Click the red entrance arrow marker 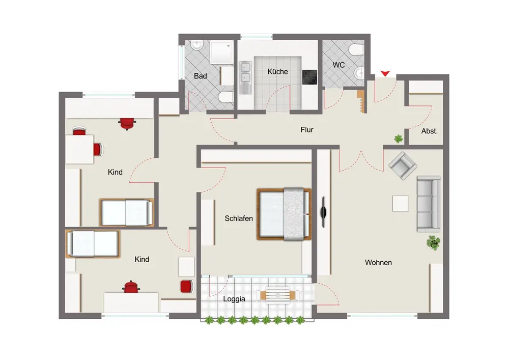tap(385, 74)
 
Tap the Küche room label tap(277, 71)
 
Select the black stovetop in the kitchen tap(309, 77)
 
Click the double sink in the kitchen tap(245, 78)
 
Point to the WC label tap(338, 65)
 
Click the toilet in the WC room tap(356, 50)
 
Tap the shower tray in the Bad tap(222, 52)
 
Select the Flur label tap(307, 130)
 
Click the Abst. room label tap(430, 131)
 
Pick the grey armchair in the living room tap(403, 165)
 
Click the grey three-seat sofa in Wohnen tap(429, 204)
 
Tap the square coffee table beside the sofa tap(401, 204)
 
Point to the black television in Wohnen tap(323, 213)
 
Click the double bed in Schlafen tap(284, 214)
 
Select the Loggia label tap(234, 299)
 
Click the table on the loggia tap(278, 295)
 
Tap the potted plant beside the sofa tap(434, 242)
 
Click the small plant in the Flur tap(399, 139)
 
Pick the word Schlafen tap(239, 218)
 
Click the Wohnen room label tap(378, 262)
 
